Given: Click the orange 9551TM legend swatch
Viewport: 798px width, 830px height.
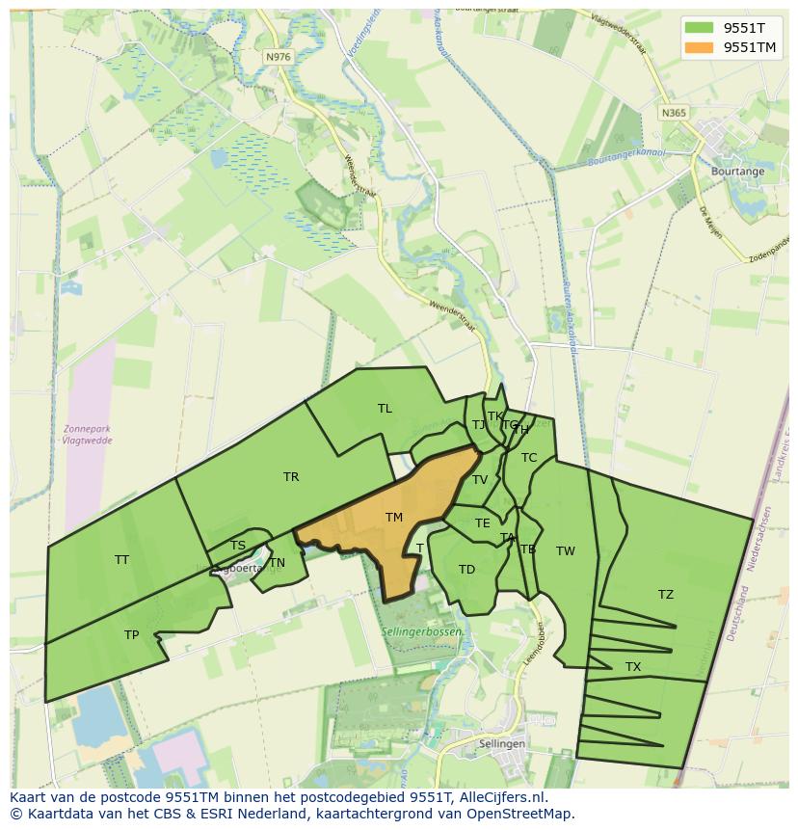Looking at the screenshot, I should (701, 47).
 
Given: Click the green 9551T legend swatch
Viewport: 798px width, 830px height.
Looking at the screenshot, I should (701, 27).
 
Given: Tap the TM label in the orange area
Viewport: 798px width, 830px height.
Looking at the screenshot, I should (394, 518).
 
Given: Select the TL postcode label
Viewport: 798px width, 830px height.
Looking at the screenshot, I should (385, 408).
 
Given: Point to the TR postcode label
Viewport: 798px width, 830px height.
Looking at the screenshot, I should (291, 476).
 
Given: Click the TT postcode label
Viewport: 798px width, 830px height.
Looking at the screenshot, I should (121, 559).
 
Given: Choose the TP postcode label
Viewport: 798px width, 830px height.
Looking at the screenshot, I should (131, 634).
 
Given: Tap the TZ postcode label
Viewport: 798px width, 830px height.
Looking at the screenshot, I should (666, 594).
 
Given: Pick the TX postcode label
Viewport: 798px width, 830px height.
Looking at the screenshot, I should (633, 666).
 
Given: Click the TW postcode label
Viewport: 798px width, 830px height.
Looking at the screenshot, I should (566, 550).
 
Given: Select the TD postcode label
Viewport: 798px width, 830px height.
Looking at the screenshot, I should (466, 569).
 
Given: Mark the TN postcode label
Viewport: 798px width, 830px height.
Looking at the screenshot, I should (278, 563).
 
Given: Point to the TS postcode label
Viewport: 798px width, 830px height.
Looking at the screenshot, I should (238, 546).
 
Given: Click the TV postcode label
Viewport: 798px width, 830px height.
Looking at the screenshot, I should (480, 479).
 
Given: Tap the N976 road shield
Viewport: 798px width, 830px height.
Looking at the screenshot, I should (278, 57).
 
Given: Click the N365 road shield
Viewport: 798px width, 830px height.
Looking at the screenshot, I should (675, 113).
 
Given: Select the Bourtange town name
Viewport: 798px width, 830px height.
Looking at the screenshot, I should (737, 172).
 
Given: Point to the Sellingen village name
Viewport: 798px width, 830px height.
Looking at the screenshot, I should (502, 744).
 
